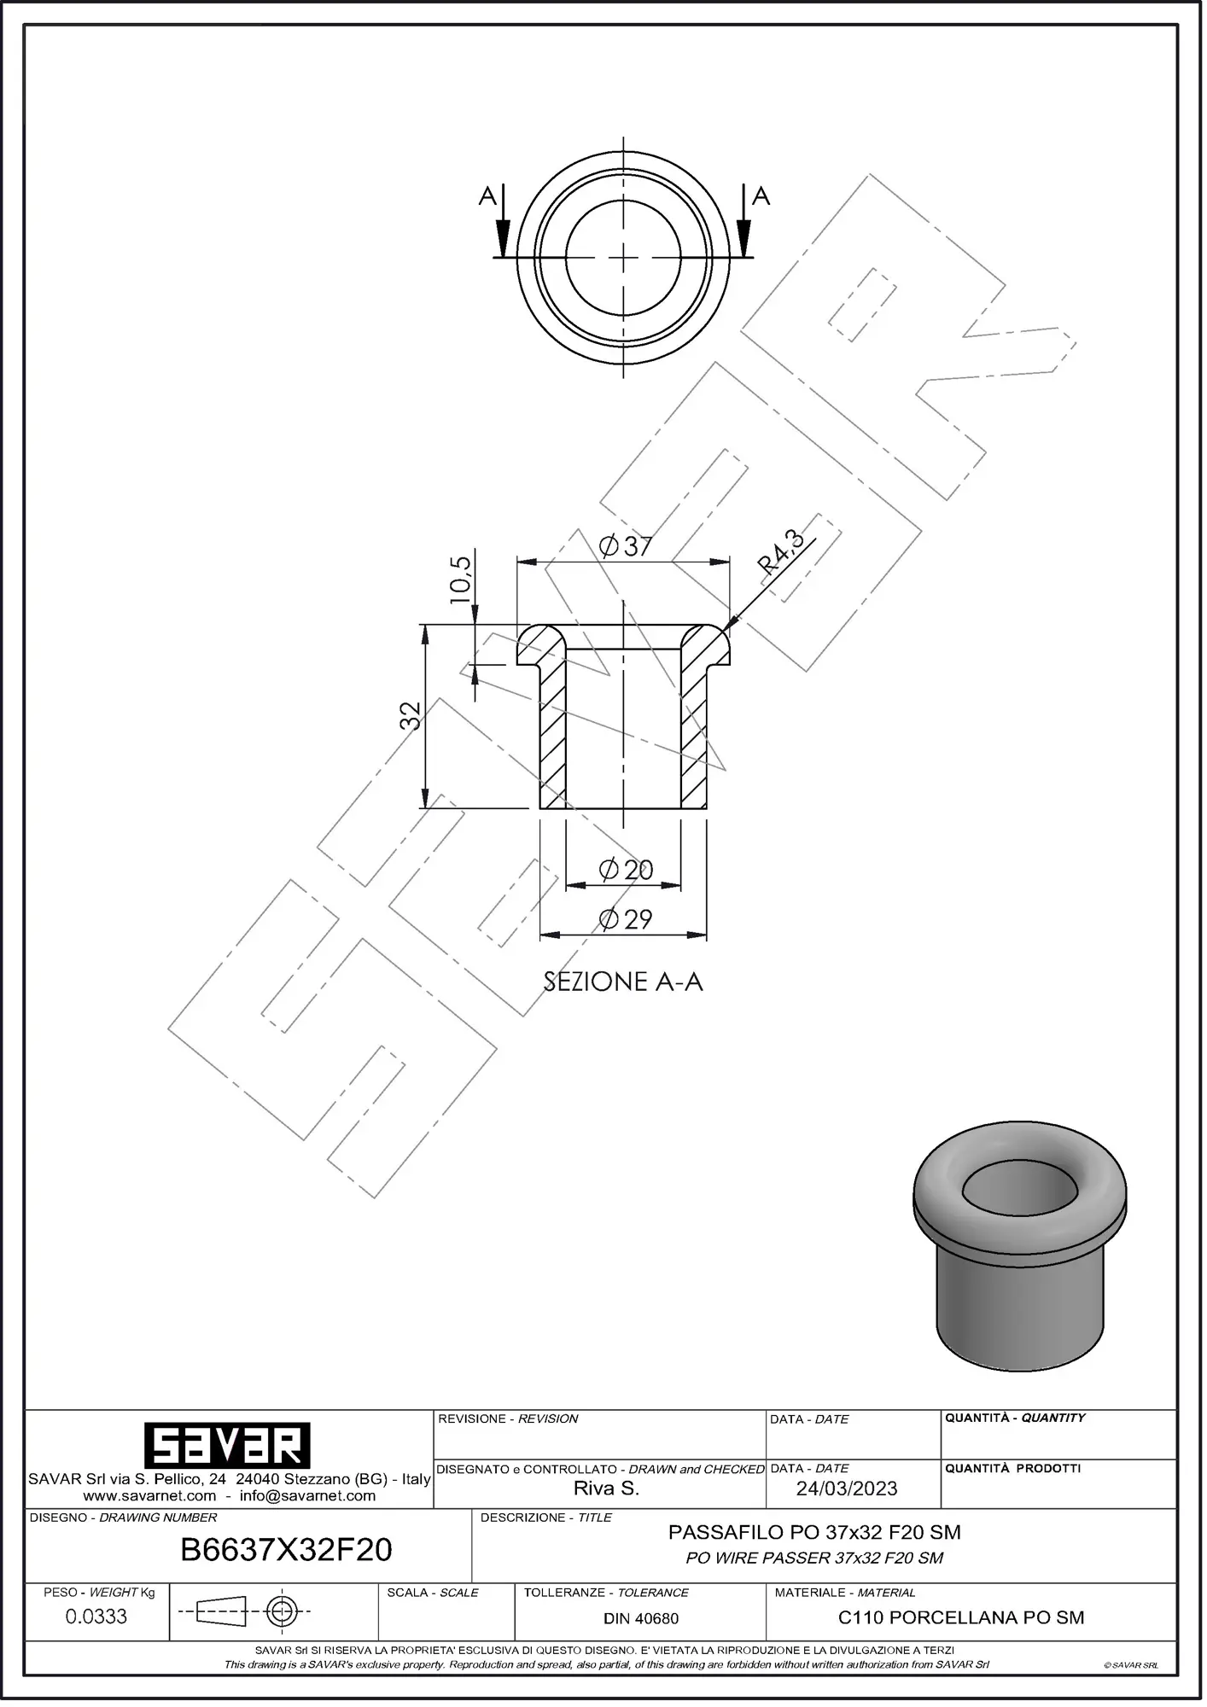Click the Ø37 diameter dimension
click(x=626, y=546)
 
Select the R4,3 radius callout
click(x=782, y=552)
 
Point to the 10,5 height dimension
click(x=460, y=580)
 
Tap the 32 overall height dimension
click(x=411, y=715)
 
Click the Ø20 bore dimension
click(x=626, y=870)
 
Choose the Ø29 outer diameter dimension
click(x=626, y=919)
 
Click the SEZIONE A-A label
click(x=623, y=982)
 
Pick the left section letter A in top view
click(x=487, y=197)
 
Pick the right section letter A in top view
click(x=761, y=196)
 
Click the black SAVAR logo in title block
click(x=226, y=1445)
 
